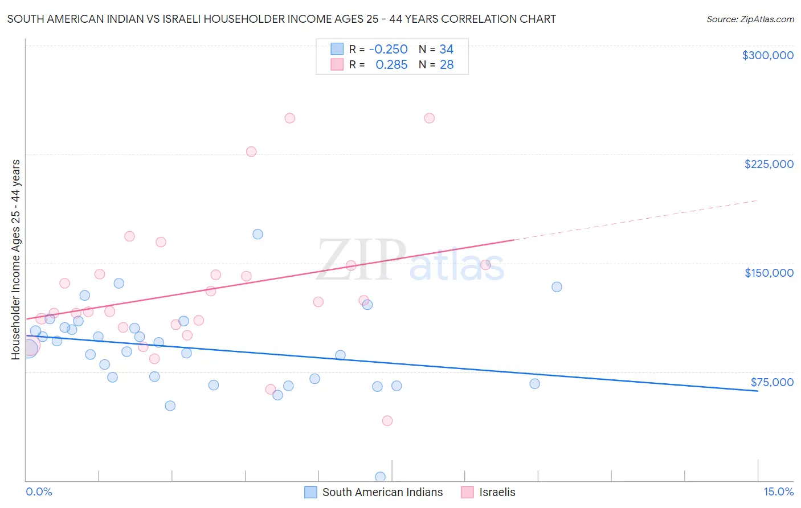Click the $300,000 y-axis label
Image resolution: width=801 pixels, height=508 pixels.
[767, 55]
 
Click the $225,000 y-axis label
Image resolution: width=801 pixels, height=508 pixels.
[769, 164]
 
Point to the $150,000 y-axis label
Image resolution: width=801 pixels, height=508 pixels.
[769, 273]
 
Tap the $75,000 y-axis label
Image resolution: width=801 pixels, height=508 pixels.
[771, 382]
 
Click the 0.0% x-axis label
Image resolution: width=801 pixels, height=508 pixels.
[39, 492]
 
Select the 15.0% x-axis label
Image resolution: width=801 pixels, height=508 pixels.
[778, 492]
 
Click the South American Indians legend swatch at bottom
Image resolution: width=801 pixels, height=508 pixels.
[310, 492]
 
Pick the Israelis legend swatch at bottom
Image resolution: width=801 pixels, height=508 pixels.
[467, 492]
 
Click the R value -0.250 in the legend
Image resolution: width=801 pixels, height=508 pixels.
[388, 50]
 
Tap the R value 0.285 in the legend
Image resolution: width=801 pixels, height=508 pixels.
[391, 65]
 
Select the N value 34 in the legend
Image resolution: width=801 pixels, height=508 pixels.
[446, 50]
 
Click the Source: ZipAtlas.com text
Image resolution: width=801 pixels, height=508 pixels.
[750, 19]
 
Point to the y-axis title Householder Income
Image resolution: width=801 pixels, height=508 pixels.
[16, 259]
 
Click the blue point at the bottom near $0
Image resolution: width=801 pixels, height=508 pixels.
[380, 477]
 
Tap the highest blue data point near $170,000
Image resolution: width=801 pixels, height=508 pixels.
[258, 234]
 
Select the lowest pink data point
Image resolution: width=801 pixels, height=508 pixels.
[387, 421]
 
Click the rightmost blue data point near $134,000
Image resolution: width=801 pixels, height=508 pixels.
[557, 287]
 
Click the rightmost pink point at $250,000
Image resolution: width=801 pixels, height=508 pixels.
[430, 118]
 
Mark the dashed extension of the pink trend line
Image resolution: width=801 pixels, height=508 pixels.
[638, 219]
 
